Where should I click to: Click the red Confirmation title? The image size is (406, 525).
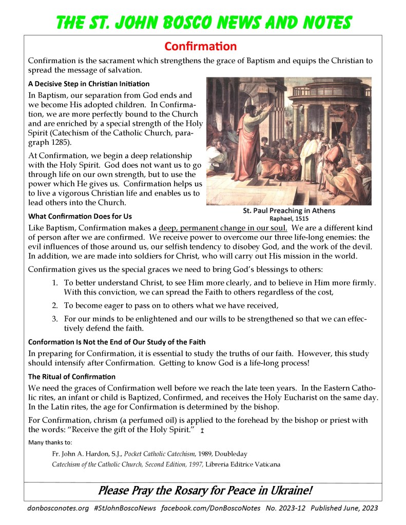point(201,46)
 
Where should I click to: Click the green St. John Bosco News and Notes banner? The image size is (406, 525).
point(203,22)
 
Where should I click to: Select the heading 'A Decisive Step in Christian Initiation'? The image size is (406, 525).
point(89,84)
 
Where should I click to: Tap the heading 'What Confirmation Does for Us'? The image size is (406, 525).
point(80,216)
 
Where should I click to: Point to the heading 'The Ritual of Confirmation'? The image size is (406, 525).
point(72,377)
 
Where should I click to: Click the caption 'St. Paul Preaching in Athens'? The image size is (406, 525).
point(289,210)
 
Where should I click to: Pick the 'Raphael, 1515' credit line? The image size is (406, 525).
point(289,218)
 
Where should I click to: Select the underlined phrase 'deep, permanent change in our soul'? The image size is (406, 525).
point(223,227)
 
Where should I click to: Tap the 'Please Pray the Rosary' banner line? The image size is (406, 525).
point(205,491)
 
